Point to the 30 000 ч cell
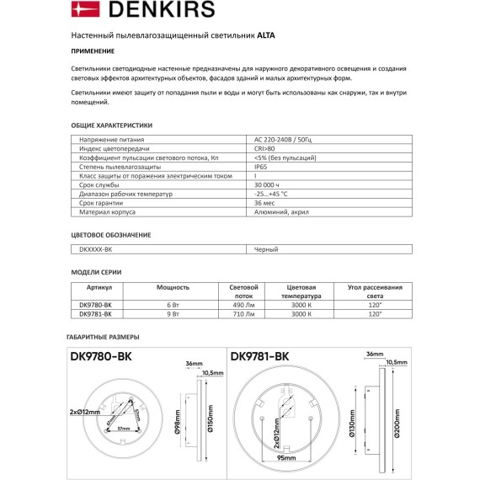coord(267,185)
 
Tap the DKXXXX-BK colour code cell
coord(95,249)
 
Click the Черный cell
coord(265,249)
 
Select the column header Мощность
coord(173,287)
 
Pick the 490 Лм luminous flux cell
coord(243,305)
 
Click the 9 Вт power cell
coord(173,314)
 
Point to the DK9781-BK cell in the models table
coord(95,314)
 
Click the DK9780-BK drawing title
coord(99,356)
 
